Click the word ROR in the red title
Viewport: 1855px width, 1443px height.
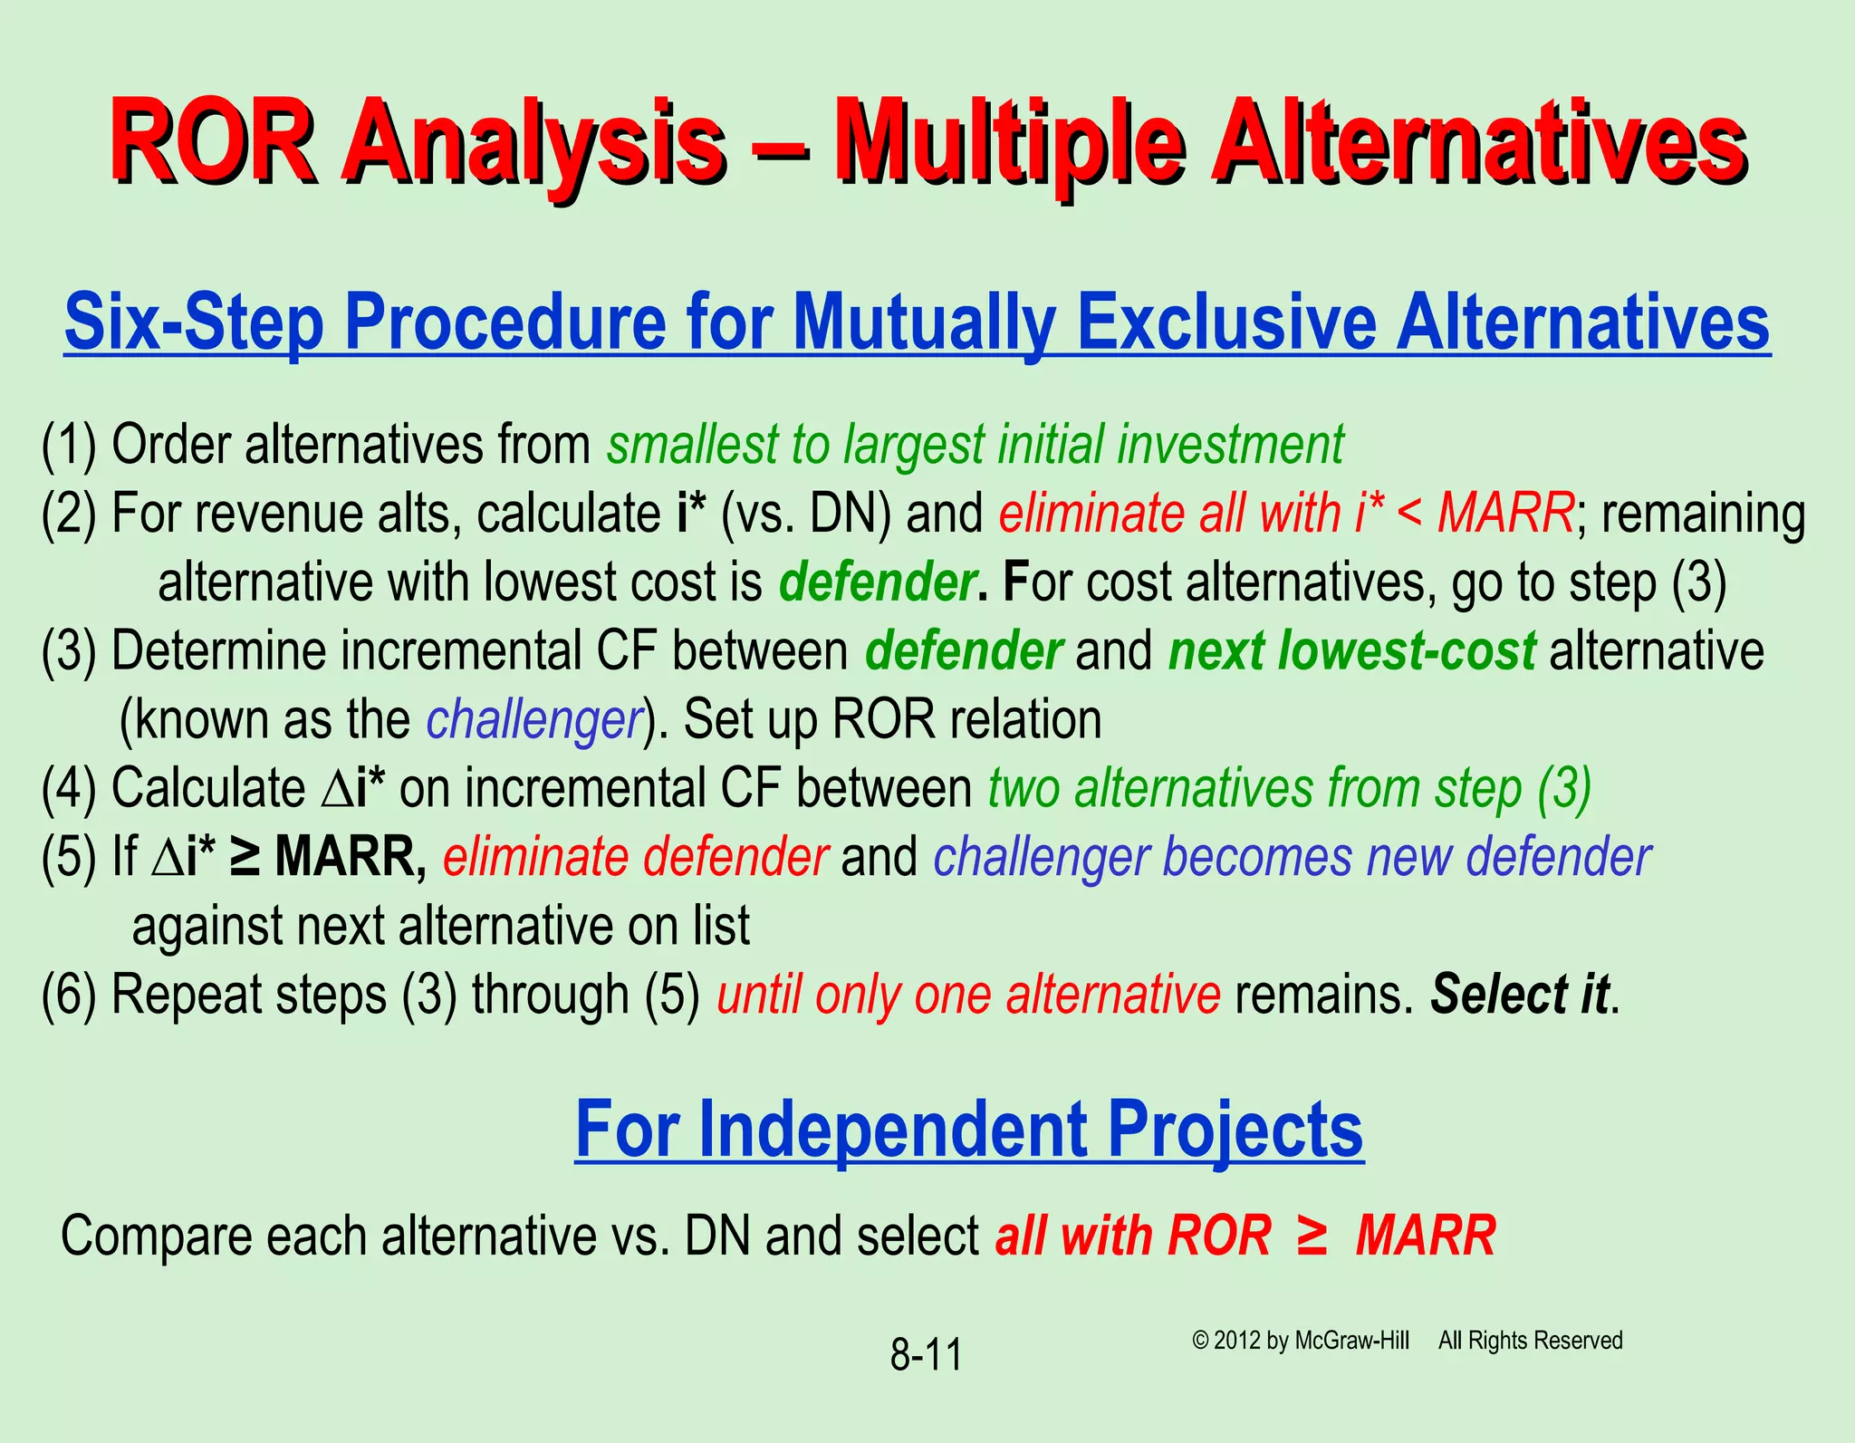[x=212, y=143]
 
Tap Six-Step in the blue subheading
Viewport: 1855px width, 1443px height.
[x=194, y=322]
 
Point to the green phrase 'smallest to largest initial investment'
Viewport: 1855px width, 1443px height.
[x=975, y=445]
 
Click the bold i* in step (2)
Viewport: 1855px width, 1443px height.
[x=691, y=513]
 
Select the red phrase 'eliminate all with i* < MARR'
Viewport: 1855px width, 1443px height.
[x=1286, y=513]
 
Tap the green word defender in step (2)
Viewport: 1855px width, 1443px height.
[x=877, y=582]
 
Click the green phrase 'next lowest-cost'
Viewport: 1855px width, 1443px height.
[x=1351, y=650]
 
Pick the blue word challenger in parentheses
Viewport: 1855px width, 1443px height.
[x=533, y=719]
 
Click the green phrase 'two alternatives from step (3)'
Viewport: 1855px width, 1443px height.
[x=1289, y=787]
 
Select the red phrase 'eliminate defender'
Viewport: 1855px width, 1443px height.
[x=635, y=857]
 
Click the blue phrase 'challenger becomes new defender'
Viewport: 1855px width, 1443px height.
[x=1292, y=857]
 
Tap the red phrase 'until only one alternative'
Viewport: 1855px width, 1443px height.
[x=968, y=995]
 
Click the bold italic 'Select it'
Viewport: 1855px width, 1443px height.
[x=1520, y=995]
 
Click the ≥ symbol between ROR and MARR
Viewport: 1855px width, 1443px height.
[x=1312, y=1235]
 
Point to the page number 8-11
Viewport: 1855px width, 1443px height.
[x=926, y=1354]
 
